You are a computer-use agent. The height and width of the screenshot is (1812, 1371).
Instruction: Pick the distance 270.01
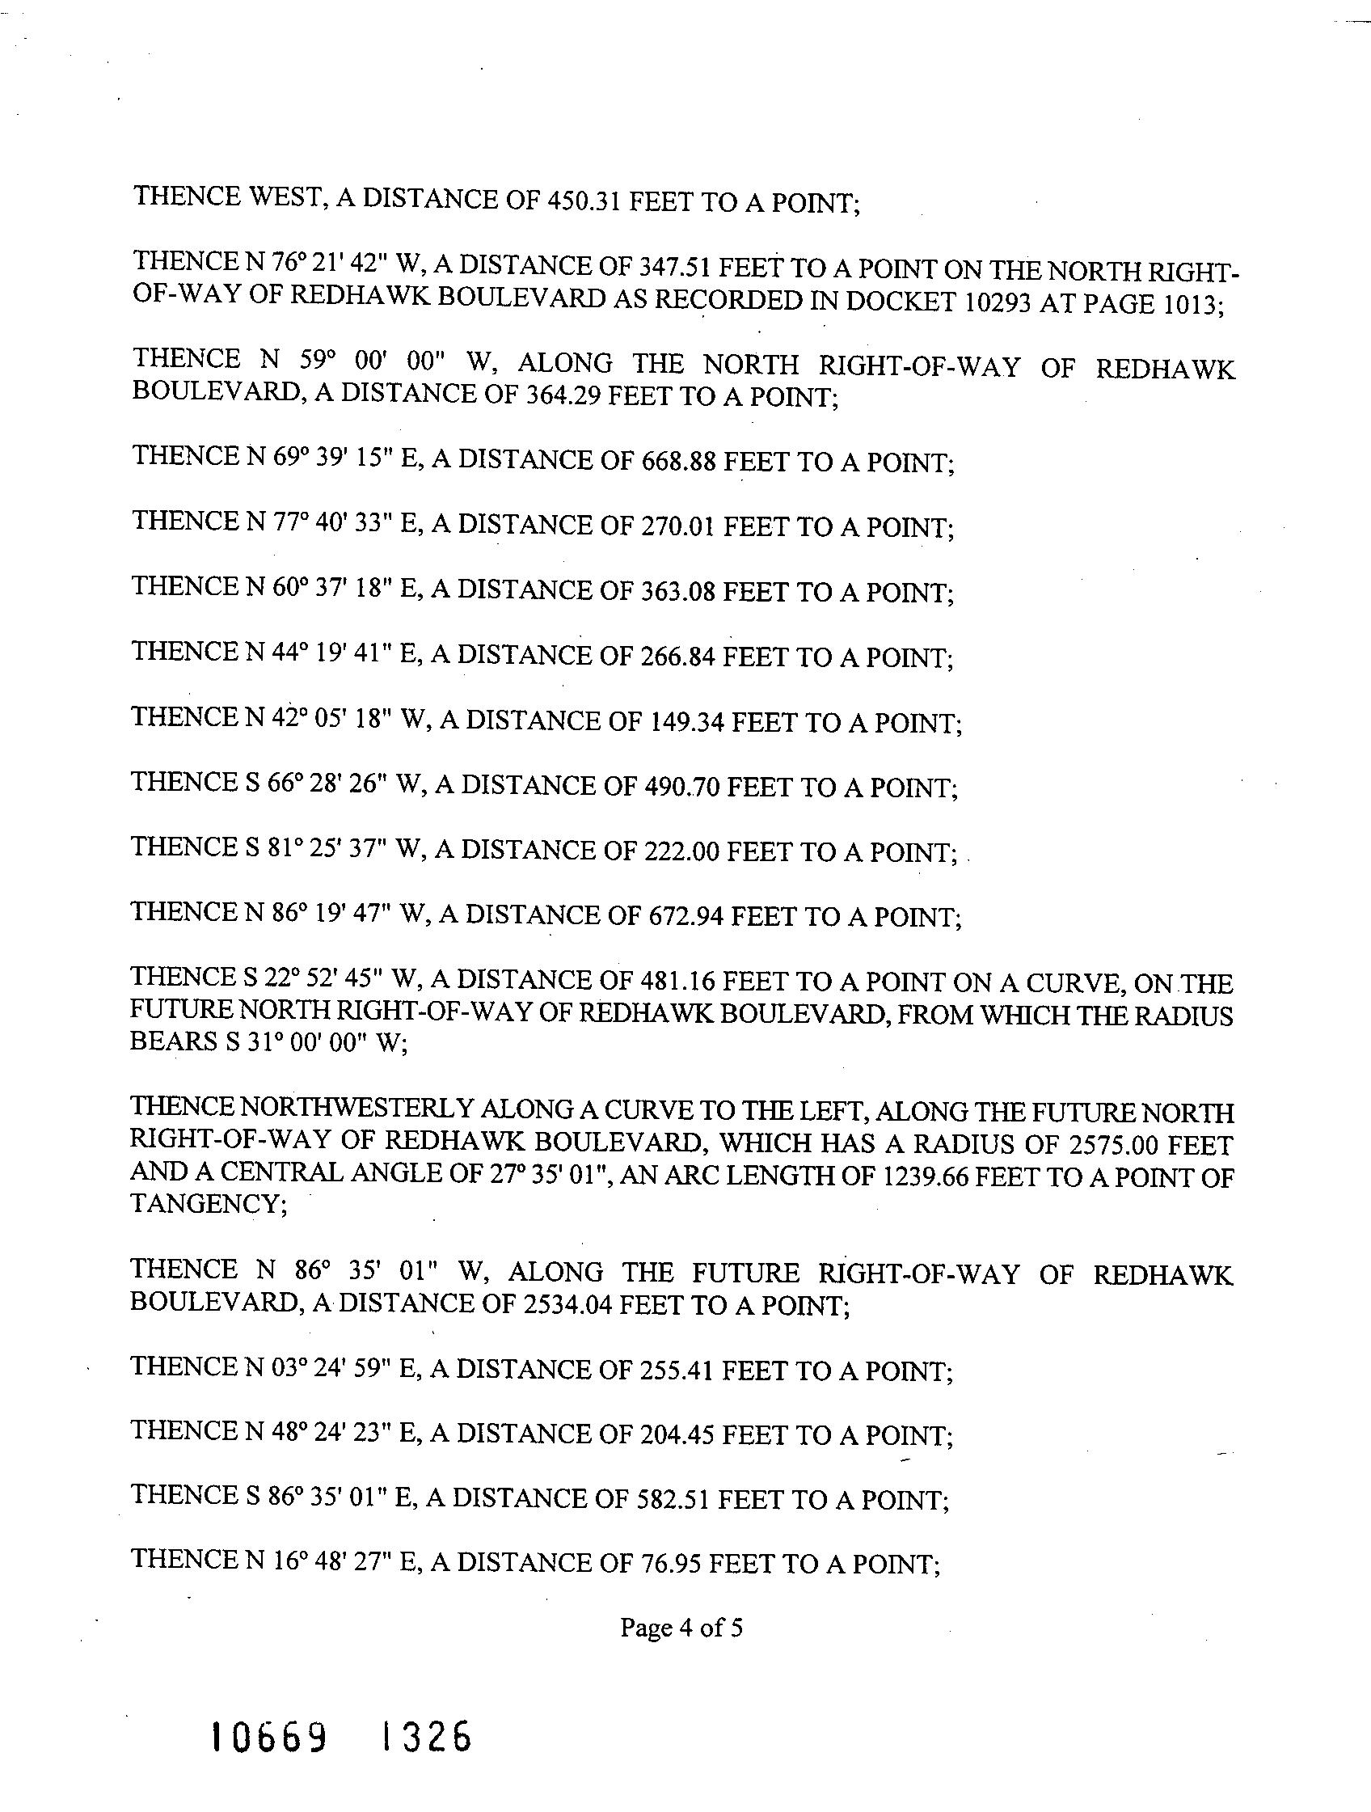[x=676, y=526]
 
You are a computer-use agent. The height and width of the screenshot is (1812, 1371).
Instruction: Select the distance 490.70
[x=679, y=788]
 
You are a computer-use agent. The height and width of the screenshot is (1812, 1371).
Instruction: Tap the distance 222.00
[x=679, y=852]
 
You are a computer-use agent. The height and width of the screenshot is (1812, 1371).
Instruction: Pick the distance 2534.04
[x=566, y=1304]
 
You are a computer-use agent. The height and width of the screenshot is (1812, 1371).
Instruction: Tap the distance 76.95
[x=668, y=1564]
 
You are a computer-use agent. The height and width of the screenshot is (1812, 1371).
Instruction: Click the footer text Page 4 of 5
[x=681, y=1627]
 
